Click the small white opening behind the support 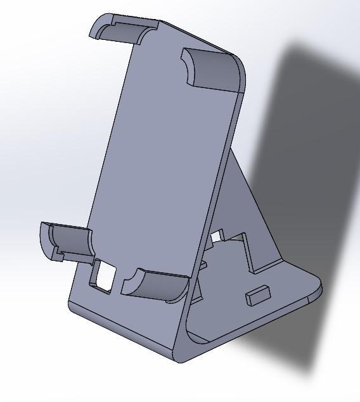(216, 237)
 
